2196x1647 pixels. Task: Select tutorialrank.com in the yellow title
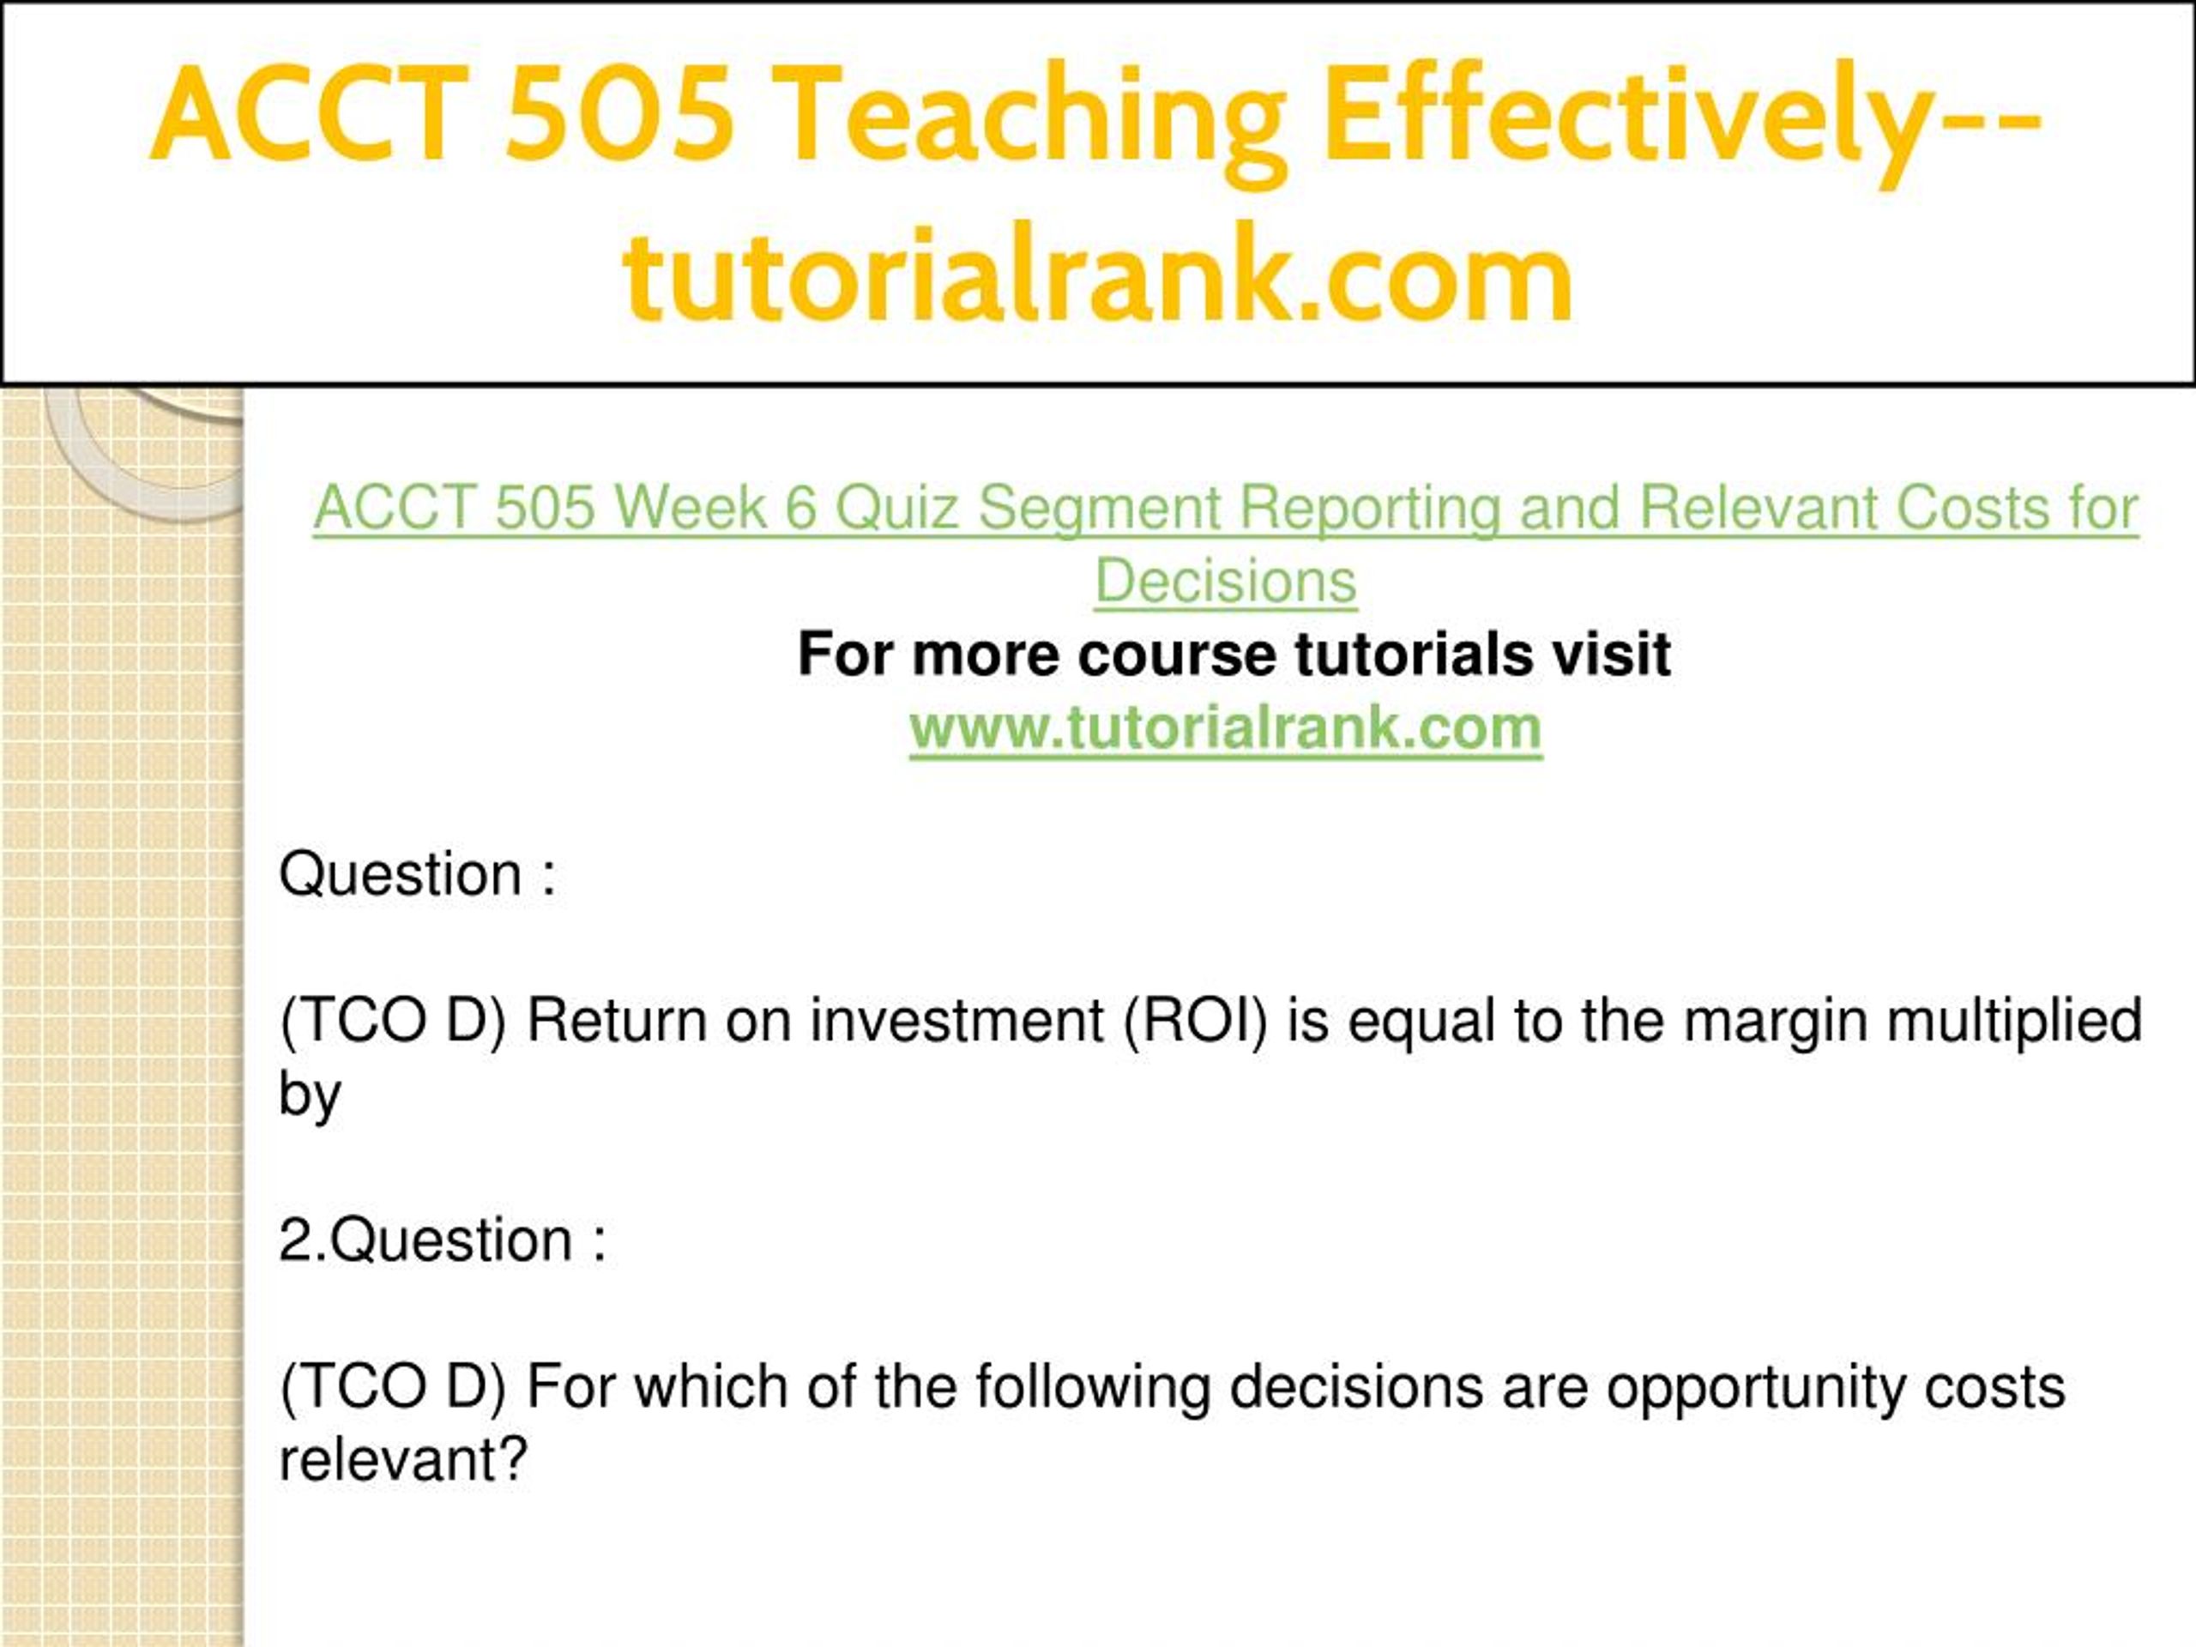(1099, 272)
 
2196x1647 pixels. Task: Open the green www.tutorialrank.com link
(1225, 728)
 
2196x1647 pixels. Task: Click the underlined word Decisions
(1225, 582)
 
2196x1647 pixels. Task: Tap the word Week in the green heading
(689, 509)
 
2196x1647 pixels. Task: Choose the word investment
(956, 1022)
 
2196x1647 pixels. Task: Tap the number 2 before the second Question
(295, 1241)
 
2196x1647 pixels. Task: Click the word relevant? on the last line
(403, 1460)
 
